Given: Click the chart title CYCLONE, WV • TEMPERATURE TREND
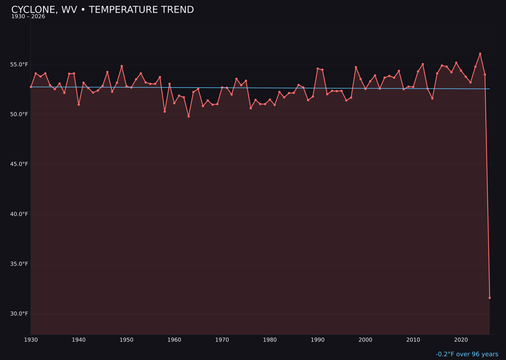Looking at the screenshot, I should pyautogui.click(x=103, y=10).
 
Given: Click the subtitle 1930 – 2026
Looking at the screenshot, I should pyautogui.click(x=28, y=17).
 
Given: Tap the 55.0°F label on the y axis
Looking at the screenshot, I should pyautogui.click(x=20, y=65).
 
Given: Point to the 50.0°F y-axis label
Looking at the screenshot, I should pyautogui.click(x=20, y=114).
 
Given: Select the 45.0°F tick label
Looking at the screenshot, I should pyautogui.click(x=20, y=165).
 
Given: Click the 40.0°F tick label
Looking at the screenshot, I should pyautogui.click(x=20, y=214).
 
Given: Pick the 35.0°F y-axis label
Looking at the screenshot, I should pyautogui.click(x=20, y=264).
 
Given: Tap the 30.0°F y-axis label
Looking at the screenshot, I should pyautogui.click(x=20, y=314).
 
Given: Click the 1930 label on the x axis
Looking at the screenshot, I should pyautogui.click(x=31, y=340).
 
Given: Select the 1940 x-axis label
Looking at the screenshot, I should pyautogui.click(x=79, y=340).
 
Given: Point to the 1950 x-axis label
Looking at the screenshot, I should pyautogui.click(x=126, y=340).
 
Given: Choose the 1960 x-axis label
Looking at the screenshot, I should pyautogui.click(x=174, y=340).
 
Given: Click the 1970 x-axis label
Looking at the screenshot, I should pyautogui.click(x=222, y=340).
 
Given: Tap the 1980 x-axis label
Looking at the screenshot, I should pyautogui.click(x=270, y=340).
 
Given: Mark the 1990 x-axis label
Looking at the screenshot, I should pyautogui.click(x=318, y=340).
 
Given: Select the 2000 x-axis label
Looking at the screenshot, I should pyautogui.click(x=365, y=340).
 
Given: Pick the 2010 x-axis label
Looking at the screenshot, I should pyautogui.click(x=413, y=340).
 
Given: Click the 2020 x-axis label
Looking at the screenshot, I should pyautogui.click(x=461, y=340).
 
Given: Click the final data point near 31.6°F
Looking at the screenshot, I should pyautogui.click(x=490, y=298).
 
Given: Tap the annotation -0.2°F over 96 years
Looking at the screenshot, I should pyautogui.click(x=467, y=354).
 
